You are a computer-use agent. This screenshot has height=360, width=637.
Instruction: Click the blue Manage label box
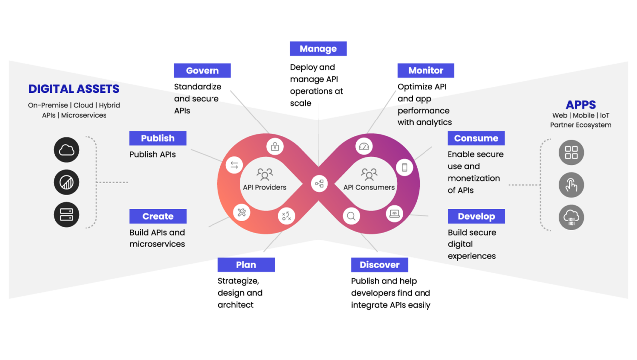[x=318, y=49]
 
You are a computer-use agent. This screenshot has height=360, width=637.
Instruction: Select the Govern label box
[x=203, y=71]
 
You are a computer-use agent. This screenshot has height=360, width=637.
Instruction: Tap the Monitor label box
[x=425, y=71]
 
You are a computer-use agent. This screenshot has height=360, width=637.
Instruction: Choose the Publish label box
[x=158, y=138]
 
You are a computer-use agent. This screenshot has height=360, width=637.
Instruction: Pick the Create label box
[x=158, y=216]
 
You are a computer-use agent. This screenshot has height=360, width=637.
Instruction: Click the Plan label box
[x=246, y=265]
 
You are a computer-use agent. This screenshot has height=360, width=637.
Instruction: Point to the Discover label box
[x=379, y=265]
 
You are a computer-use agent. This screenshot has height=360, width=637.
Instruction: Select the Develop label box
[x=476, y=216]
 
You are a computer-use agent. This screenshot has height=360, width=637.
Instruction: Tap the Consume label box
[x=476, y=138]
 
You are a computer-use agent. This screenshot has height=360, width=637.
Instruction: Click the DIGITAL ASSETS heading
[x=74, y=89]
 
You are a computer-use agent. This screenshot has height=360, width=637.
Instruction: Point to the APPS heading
[x=581, y=105]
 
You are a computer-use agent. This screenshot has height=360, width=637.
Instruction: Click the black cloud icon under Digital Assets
[x=66, y=150]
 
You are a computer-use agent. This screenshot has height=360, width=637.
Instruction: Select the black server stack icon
[x=66, y=215]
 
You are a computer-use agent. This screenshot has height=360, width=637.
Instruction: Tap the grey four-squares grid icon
[x=571, y=152]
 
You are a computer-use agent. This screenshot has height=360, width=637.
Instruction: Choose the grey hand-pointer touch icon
[x=571, y=185]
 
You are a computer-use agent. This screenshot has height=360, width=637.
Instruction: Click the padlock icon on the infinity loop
[x=275, y=147]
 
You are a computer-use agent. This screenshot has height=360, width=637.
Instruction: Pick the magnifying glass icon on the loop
[x=351, y=216]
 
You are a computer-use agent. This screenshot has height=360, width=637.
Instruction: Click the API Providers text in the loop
[x=264, y=187]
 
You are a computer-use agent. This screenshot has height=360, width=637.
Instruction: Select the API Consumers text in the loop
[x=369, y=187]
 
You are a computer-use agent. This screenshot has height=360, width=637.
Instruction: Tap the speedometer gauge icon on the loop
[x=364, y=146]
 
